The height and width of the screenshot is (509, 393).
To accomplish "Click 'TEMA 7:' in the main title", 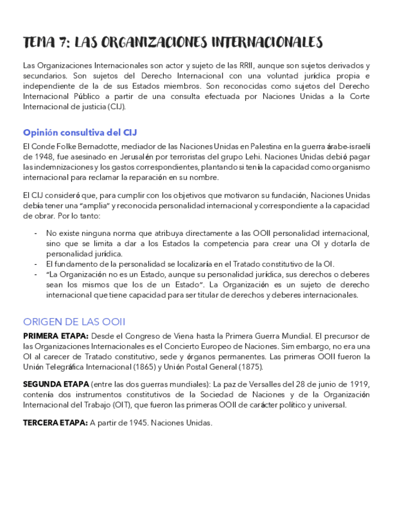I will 46,42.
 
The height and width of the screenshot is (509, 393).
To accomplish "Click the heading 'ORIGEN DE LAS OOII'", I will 74,321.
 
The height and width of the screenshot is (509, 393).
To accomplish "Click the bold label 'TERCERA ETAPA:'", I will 55,423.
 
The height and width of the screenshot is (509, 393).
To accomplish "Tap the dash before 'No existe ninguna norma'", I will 36,233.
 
